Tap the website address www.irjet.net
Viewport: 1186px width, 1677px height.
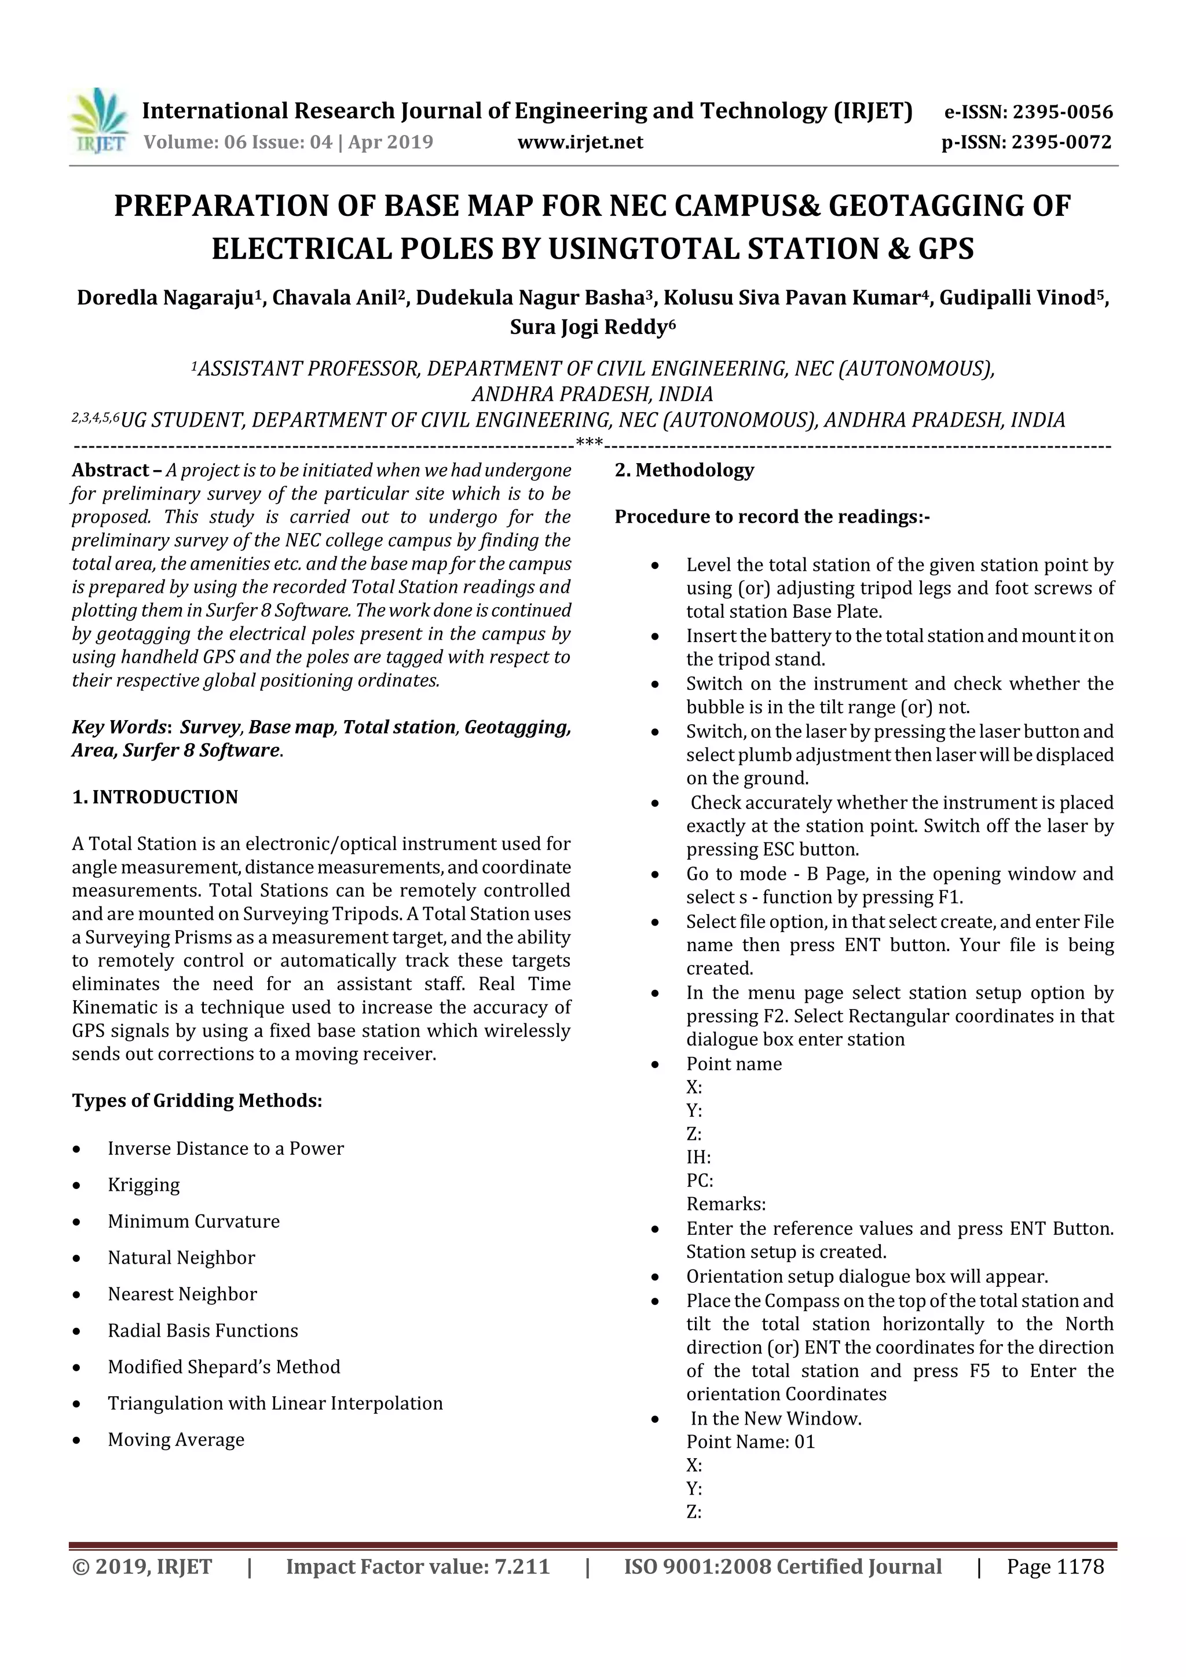pyautogui.click(x=580, y=142)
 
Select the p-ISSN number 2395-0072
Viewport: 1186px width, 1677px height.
pyautogui.click(x=1061, y=142)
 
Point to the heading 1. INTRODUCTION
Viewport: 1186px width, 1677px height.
pyautogui.click(x=155, y=797)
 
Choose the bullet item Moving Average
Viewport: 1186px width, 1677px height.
pyautogui.click(x=176, y=1440)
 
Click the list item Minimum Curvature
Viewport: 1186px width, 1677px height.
pyautogui.click(x=193, y=1221)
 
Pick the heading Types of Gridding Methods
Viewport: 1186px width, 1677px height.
pyautogui.click(x=196, y=1100)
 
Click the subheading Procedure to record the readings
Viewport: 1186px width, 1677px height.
pyautogui.click(x=772, y=516)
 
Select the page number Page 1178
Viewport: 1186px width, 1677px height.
pyautogui.click(x=1055, y=1566)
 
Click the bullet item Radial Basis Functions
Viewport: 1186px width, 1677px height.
pyautogui.click(x=203, y=1330)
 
